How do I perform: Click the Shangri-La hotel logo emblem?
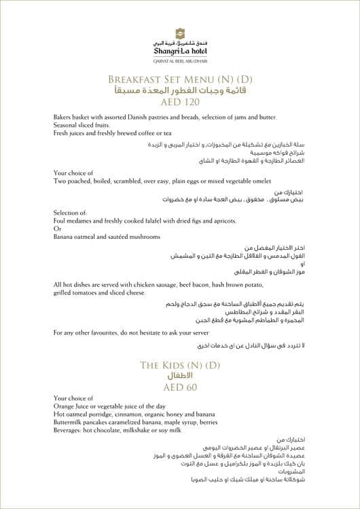tap(179, 32)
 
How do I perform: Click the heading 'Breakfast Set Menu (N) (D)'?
tap(179, 78)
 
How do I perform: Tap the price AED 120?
tap(179, 102)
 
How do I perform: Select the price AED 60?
tap(179, 388)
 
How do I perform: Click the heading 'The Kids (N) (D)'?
tap(179, 366)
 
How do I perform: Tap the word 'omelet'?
tap(242, 181)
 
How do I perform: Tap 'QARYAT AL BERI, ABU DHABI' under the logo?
tap(179, 59)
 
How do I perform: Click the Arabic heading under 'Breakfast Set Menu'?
tap(179, 90)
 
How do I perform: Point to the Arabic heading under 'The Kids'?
tap(179, 375)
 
